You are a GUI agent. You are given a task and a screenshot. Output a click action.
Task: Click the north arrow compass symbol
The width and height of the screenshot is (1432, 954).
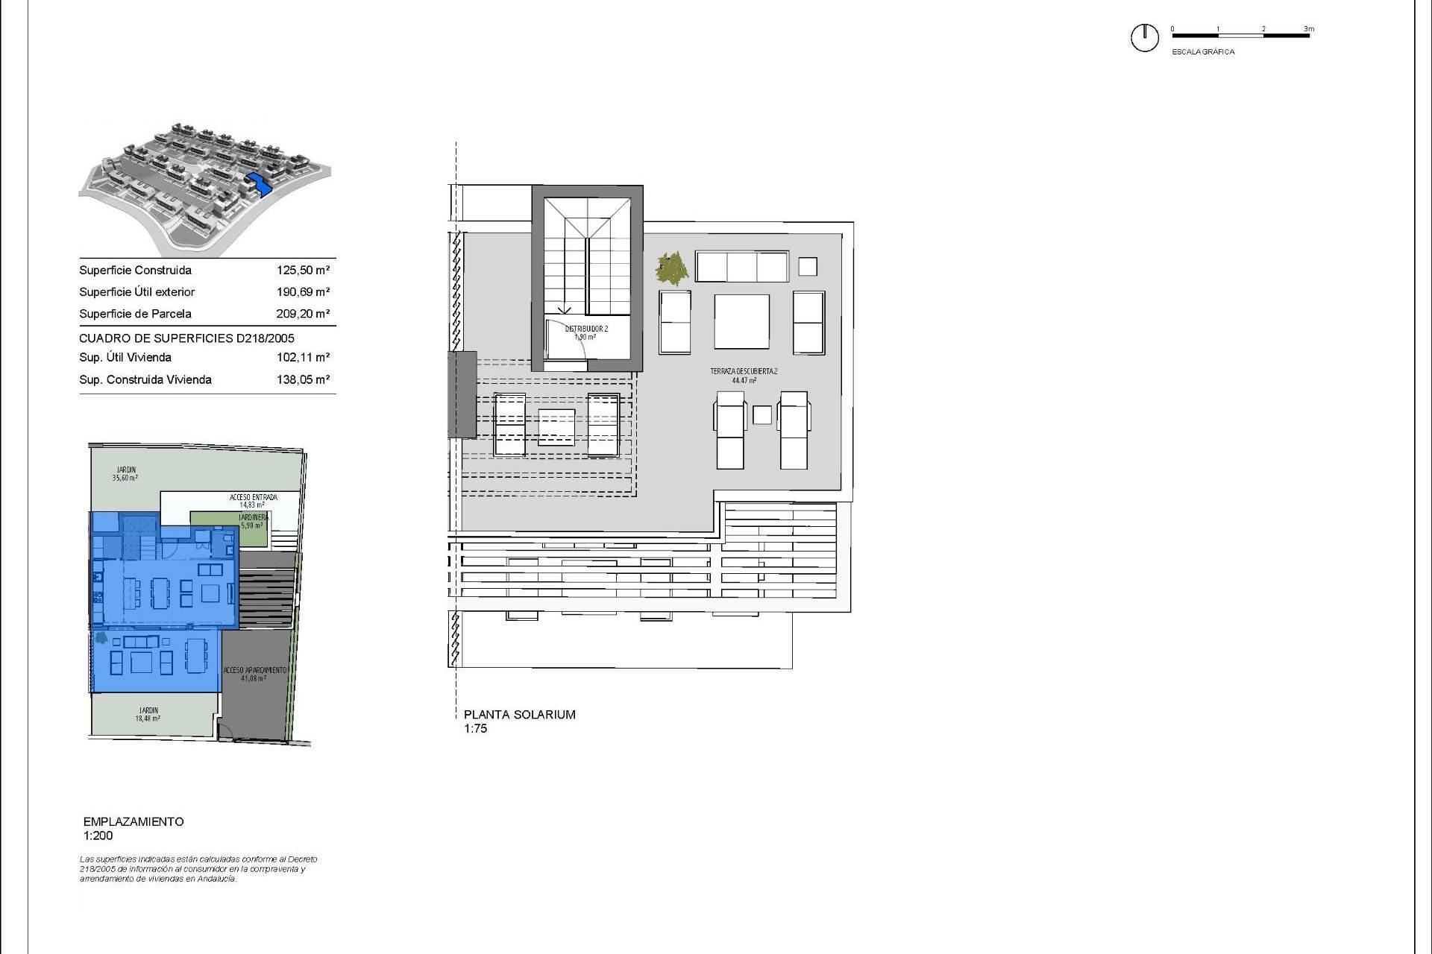coord(1144,37)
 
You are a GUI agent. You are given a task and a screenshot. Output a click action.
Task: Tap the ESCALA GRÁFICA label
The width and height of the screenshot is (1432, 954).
coord(1203,52)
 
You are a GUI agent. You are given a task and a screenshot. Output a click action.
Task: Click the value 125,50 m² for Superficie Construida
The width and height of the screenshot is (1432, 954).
coord(303,271)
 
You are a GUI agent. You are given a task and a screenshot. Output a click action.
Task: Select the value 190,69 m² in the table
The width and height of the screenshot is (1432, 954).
coord(303,292)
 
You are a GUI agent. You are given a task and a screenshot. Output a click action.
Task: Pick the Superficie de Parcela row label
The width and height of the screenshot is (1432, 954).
coord(135,314)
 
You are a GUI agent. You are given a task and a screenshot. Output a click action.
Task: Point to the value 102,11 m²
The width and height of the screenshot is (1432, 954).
coord(303,358)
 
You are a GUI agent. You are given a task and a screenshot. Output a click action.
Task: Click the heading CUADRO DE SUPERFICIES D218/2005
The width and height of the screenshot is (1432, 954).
coord(186,338)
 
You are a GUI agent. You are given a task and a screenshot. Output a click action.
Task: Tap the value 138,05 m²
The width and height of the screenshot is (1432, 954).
coord(303,380)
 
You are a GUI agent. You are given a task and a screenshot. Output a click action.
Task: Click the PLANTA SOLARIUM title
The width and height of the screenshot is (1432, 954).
coord(520,715)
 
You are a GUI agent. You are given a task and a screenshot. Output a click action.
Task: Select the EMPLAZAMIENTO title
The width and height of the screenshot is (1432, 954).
coord(134,821)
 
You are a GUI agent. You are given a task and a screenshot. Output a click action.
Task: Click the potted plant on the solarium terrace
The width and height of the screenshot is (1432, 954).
coord(672,268)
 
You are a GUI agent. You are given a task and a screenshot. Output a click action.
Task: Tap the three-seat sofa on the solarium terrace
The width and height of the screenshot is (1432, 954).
coord(742,266)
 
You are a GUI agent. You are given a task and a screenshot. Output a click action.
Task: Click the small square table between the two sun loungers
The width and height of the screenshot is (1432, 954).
coord(761,415)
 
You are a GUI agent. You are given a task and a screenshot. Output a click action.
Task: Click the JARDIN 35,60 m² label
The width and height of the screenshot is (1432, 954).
coord(125,473)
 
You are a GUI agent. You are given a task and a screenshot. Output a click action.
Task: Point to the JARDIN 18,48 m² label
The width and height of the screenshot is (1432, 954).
coord(148,714)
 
